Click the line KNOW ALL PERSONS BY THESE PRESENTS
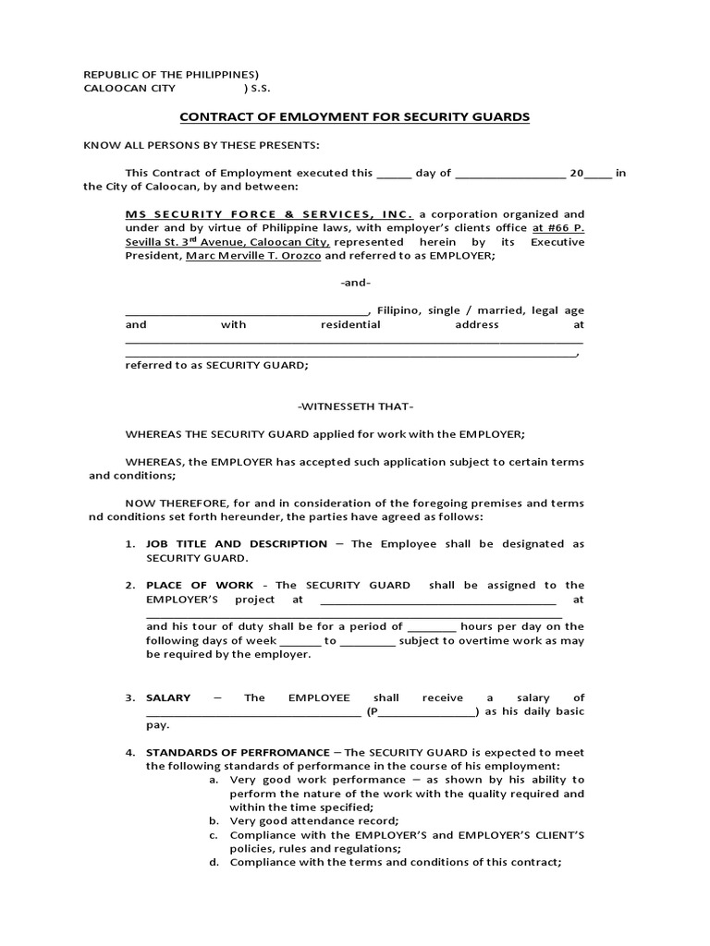[201, 145]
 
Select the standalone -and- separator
[355, 283]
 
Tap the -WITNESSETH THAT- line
[355, 406]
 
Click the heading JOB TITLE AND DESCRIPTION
[237, 544]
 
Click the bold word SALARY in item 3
[168, 698]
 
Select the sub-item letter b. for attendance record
[214, 821]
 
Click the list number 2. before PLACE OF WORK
[130, 585]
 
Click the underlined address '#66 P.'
[565, 227]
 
